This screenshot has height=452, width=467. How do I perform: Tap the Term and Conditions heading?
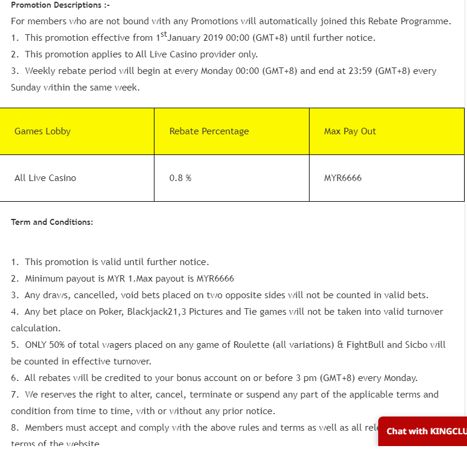pyautogui.click(x=52, y=222)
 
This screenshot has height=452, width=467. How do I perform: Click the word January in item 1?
pyautogui.click(x=186, y=38)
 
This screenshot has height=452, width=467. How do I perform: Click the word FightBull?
pyautogui.click(x=366, y=344)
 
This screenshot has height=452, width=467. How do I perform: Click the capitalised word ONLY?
pyautogui.click(x=37, y=344)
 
